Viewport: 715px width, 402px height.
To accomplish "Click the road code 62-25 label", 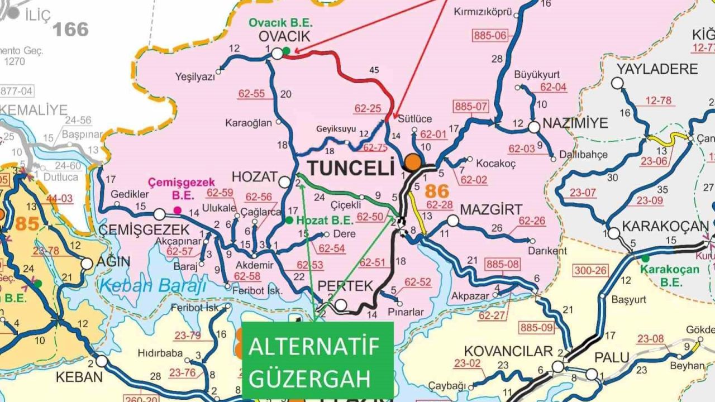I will pyautogui.click(x=368, y=108).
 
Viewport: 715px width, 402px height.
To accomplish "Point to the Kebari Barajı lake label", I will pyautogui.click(x=152, y=285).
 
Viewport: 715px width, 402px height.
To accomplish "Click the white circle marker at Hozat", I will pyautogui.click(x=285, y=182).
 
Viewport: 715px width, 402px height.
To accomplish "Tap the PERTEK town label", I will pyautogui.click(x=345, y=286).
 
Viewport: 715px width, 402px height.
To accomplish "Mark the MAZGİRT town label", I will pyautogui.click(x=491, y=210).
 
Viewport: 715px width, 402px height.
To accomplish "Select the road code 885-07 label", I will pyautogui.click(x=471, y=107).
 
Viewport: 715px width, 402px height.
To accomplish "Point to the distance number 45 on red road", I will pyautogui.click(x=374, y=70).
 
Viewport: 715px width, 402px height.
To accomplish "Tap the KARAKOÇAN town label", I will pyautogui.click(x=665, y=227).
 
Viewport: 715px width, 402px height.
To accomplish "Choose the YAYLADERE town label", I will pyautogui.click(x=657, y=69).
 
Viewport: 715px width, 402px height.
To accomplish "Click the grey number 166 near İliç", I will pyautogui.click(x=70, y=29).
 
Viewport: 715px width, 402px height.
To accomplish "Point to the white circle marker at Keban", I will pyautogui.click(x=101, y=361).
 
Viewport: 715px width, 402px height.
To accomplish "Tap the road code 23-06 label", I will pyautogui.click(x=654, y=161).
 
